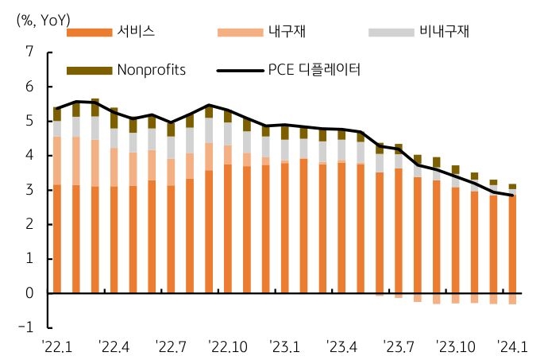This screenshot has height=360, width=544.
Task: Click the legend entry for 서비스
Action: click(135, 32)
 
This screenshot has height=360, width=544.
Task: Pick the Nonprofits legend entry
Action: click(151, 69)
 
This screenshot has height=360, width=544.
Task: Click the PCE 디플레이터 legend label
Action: click(315, 69)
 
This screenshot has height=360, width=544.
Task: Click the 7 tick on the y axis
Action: click(29, 52)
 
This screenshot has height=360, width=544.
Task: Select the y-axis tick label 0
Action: click(29, 293)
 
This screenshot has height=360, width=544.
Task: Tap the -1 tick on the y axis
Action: click(26, 327)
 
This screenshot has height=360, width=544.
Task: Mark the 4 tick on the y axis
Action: click(29, 156)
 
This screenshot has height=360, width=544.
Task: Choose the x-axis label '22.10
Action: click(227, 346)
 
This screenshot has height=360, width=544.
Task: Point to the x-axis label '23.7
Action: click(399, 346)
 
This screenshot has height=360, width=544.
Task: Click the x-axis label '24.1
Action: click(512, 346)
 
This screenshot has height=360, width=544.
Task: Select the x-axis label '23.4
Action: click(341, 346)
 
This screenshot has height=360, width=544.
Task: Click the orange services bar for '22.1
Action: click(57, 238)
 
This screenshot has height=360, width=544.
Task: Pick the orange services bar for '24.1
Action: click(512, 242)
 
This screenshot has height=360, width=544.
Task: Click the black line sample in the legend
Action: click(239, 70)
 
